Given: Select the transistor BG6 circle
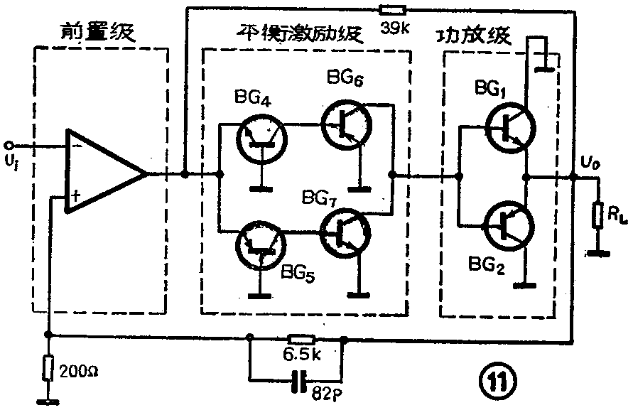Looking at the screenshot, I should [x=345, y=124].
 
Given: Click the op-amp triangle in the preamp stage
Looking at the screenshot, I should [x=104, y=171].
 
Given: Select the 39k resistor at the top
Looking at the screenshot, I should [x=392, y=10].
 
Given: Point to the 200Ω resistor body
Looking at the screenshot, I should [x=48, y=367].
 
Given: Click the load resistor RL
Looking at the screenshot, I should [x=597, y=215].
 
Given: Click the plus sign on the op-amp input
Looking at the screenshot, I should [x=73, y=194].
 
